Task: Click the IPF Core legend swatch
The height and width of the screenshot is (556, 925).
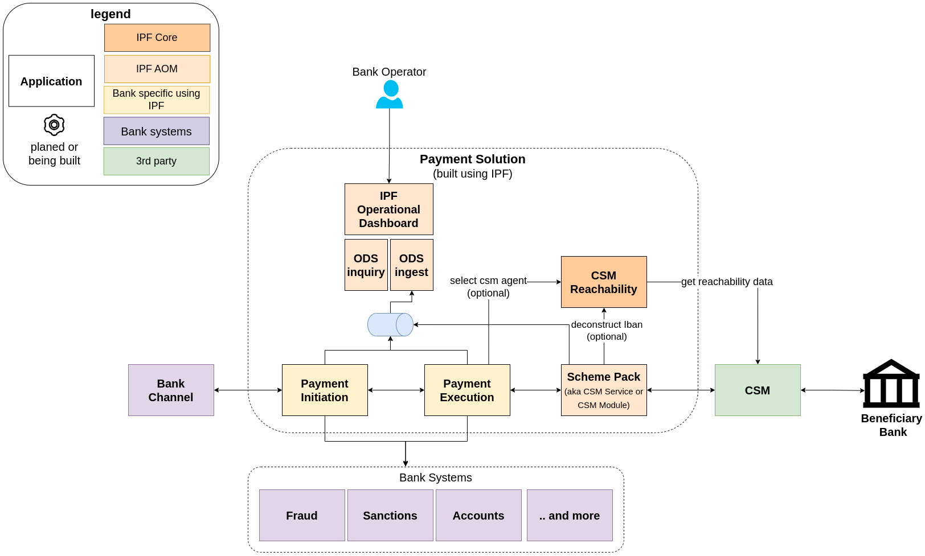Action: (157, 38)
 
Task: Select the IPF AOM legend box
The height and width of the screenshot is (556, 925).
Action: (157, 69)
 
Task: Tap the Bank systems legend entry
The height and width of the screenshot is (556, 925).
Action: (156, 131)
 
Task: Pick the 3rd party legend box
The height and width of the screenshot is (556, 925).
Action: (156, 161)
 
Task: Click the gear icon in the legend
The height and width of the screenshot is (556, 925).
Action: (54, 125)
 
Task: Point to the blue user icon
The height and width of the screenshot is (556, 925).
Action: (390, 94)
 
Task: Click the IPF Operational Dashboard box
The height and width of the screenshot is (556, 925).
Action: (388, 209)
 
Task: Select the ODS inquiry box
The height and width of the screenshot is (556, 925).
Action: (366, 265)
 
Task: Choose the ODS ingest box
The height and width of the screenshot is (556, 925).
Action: (411, 265)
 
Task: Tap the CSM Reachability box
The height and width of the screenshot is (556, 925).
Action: (604, 282)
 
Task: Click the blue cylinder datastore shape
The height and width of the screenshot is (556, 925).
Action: (390, 324)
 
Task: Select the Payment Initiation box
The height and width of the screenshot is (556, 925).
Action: (325, 390)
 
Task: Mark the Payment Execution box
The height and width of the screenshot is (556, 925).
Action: (467, 390)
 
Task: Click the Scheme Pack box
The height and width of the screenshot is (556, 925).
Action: (604, 390)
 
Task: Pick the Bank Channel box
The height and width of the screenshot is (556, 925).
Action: (171, 390)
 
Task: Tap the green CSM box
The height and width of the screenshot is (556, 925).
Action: (758, 390)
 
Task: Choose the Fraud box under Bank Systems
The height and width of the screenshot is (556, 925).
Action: (302, 516)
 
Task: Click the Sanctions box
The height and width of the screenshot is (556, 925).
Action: (390, 516)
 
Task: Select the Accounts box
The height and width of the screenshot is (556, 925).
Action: (478, 516)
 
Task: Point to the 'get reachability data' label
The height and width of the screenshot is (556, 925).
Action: (727, 282)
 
